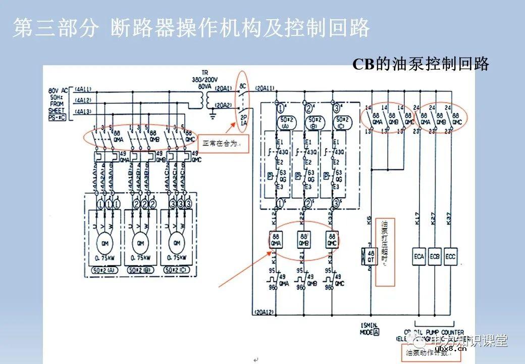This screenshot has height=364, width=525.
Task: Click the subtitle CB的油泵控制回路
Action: [421, 64]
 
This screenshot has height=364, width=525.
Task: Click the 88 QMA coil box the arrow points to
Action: [276, 239]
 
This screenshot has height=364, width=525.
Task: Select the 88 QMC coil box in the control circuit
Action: [332, 239]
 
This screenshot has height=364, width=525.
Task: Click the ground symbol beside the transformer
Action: [213, 116]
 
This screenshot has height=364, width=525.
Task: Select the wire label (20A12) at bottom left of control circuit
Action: [266, 312]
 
